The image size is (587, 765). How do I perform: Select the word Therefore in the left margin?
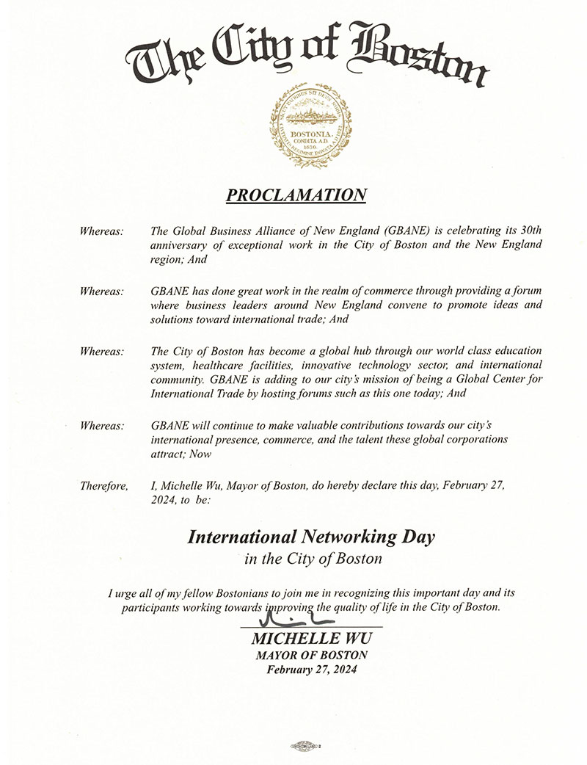pos(103,486)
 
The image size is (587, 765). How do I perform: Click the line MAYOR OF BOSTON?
pos(311,655)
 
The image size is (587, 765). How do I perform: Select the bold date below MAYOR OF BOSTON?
pos(311,670)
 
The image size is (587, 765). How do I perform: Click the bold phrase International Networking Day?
pos(311,537)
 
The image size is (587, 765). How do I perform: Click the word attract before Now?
pos(167,454)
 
